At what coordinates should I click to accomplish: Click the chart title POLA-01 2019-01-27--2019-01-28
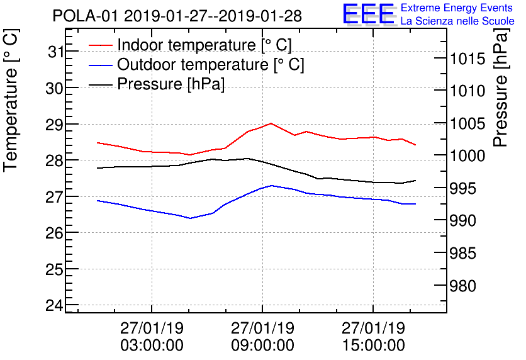(177, 15)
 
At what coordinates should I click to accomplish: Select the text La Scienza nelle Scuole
(457, 21)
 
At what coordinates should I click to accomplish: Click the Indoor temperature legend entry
(204, 45)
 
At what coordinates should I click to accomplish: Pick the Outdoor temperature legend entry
(210, 65)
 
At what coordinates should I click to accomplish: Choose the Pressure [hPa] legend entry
(171, 84)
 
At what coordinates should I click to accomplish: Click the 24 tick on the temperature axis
(55, 306)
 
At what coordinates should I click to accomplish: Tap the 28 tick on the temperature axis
(55, 160)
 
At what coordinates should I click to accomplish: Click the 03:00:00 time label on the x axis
(152, 346)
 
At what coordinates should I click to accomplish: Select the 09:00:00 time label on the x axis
(262, 346)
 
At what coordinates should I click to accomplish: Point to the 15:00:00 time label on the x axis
(373, 346)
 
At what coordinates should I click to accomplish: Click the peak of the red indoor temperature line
(271, 123)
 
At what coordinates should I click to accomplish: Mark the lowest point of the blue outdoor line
(189, 218)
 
